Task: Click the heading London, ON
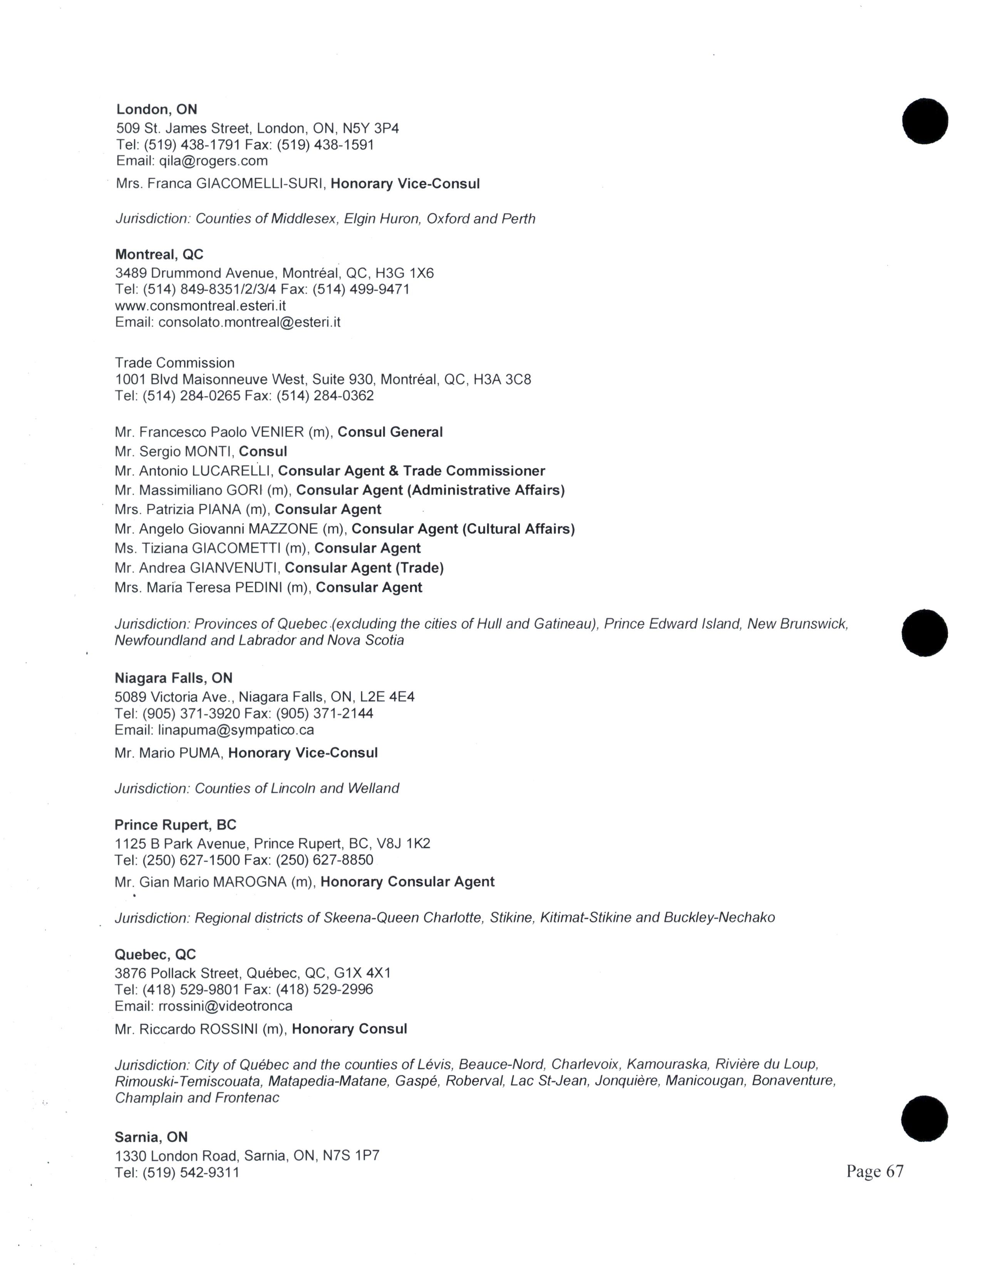pyautogui.click(x=156, y=109)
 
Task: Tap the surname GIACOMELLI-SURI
pyautogui.click(x=260, y=184)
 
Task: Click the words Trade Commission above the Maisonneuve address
pyautogui.click(x=174, y=363)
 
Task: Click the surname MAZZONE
pyautogui.click(x=283, y=529)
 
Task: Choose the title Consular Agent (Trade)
pyautogui.click(x=364, y=568)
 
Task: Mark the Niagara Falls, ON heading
pyautogui.click(x=173, y=678)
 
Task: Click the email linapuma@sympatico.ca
pyautogui.click(x=236, y=730)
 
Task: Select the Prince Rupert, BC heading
pyautogui.click(x=175, y=825)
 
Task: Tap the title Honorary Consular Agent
pyautogui.click(x=407, y=882)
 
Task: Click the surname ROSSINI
pyautogui.click(x=229, y=1029)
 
